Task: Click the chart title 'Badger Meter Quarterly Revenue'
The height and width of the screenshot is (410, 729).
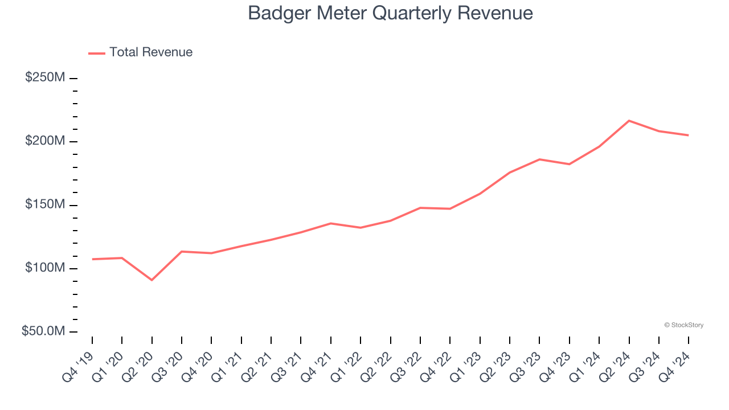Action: pyautogui.click(x=390, y=13)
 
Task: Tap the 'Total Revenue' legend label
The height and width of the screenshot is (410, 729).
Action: pyautogui.click(x=151, y=52)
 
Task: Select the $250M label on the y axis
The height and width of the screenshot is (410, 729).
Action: pyautogui.click(x=45, y=77)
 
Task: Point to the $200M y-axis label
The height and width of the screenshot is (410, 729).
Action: pyautogui.click(x=45, y=141)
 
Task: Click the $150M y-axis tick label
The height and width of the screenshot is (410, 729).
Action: pyautogui.click(x=45, y=204)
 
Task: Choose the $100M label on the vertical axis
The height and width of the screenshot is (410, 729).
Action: pyautogui.click(x=45, y=268)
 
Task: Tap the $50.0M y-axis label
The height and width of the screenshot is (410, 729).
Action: pyautogui.click(x=44, y=331)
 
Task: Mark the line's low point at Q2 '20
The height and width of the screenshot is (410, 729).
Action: pyautogui.click(x=151, y=280)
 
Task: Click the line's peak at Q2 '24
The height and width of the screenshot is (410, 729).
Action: pyautogui.click(x=629, y=121)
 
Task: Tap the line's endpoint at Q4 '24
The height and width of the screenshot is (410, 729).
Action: pyautogui.click(x=688, y=135)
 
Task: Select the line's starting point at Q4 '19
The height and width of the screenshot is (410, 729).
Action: pyautogui.click(x=92, y=259)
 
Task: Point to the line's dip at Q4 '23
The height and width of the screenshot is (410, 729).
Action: pyautogui.click(x=569, y=164)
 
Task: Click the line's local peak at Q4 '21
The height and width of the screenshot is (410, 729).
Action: pyautogui.click(x=331, y=223)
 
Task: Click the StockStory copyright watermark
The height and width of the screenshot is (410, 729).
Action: pyautogui.click(x=683, y=325)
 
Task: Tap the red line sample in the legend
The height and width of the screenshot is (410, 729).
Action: pyautogui.click(x=97, y=53)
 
